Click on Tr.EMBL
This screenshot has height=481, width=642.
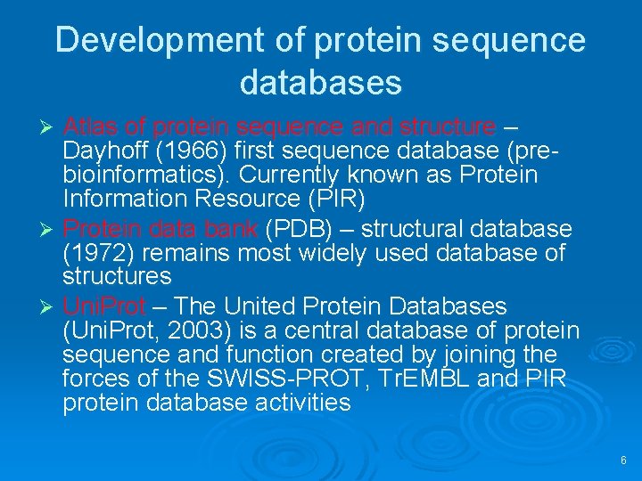click(x=418, y=379)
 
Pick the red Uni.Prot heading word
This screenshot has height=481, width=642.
click(x=103, y=307)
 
